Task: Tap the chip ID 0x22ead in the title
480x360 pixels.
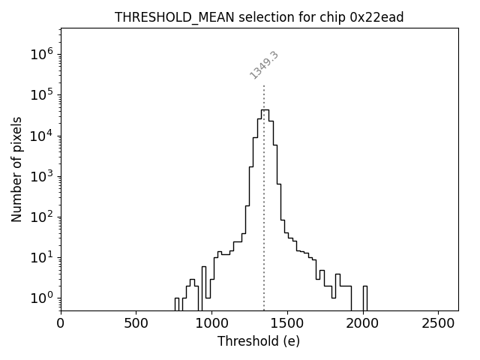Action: click(376, 17)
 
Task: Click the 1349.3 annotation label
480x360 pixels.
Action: click(264, 65)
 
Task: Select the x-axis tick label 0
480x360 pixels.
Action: click(61, 324)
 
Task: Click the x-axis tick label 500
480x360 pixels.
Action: click(136, 324)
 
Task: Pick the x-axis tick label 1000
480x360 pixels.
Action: click(211, 324)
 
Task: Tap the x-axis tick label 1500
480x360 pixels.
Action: click(287, 324)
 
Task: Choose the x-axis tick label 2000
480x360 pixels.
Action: click(362, 324)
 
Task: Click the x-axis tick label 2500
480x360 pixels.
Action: click(438, 324)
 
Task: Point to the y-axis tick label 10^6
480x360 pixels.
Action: click(42, 54)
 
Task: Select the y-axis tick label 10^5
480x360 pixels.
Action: click(42, 94)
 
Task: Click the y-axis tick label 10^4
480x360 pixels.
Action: click(42, 135)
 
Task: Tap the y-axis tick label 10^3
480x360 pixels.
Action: click(42, 176)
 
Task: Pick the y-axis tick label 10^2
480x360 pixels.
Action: click(42, 217)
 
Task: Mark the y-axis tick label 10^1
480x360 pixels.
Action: click(42, 257)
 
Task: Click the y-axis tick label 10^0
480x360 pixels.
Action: click(42, 298)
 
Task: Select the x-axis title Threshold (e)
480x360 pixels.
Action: click(259, 341)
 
